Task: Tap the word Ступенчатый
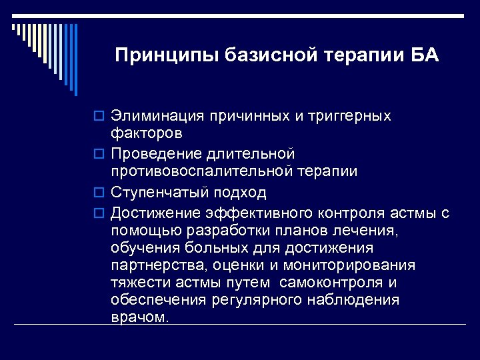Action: [161, 193]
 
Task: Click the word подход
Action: [241, 193]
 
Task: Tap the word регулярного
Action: [256, 300]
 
